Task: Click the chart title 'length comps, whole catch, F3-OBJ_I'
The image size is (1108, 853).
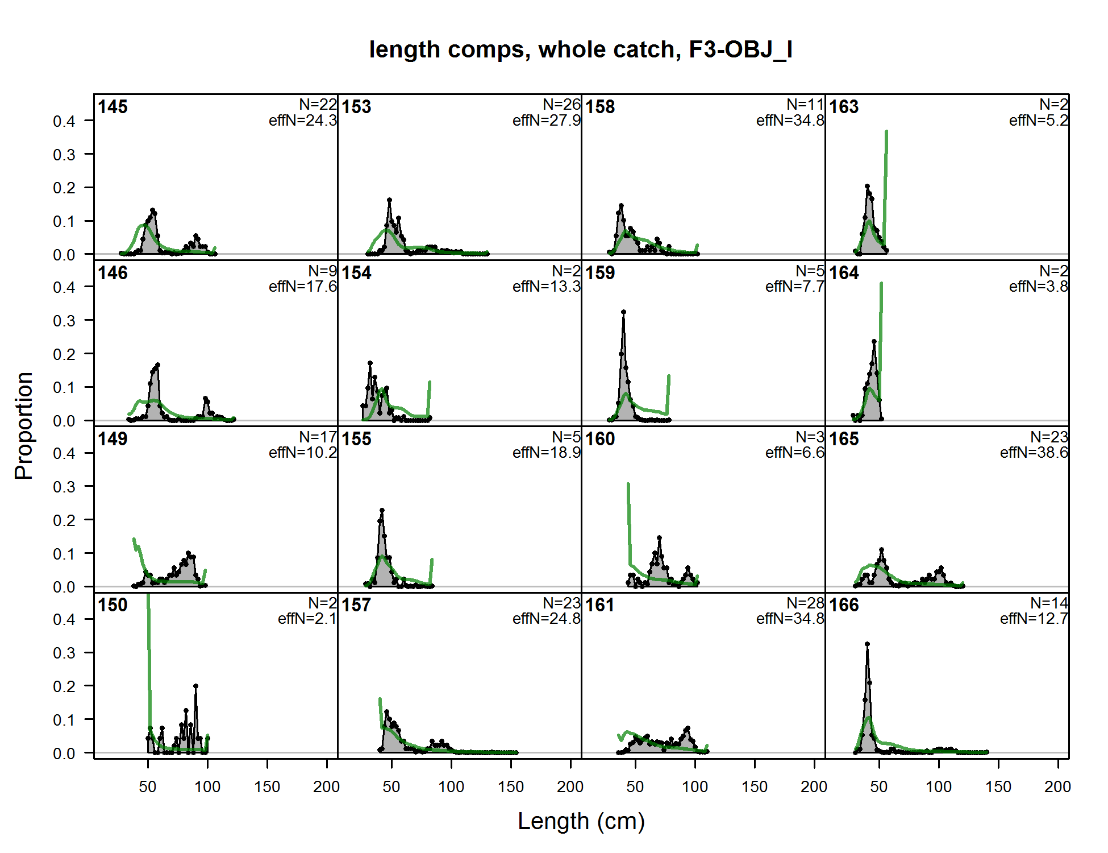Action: point(580,50)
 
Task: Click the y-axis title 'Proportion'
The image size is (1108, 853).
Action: point(24,426)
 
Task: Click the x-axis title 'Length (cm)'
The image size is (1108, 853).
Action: point(581,821)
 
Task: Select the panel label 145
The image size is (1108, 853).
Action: point(113,107)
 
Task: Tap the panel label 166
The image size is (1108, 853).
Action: point(844,605)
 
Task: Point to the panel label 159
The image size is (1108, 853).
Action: point(600,273)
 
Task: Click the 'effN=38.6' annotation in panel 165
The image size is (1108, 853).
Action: point(1034,453)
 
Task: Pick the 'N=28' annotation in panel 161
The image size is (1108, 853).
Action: point(805,603)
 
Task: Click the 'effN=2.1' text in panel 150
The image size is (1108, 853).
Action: point(307,619)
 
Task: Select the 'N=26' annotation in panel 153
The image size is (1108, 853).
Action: point(561,105)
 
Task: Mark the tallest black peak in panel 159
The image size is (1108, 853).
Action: point(623,312)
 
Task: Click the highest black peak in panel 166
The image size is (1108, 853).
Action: point(867,644)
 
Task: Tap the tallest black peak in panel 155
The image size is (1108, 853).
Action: point(382,511)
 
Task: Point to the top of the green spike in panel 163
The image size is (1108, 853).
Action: point(886,132)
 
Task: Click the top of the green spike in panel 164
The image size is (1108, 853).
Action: point(881,283)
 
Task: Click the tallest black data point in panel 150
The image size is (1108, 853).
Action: point(195,686)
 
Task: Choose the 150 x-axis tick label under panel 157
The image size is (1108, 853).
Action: point(510,787)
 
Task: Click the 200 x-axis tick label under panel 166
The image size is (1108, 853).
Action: point(1057,787)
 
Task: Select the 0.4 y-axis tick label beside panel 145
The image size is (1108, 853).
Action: point(64,121)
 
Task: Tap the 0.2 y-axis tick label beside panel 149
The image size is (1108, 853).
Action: point(64,520)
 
